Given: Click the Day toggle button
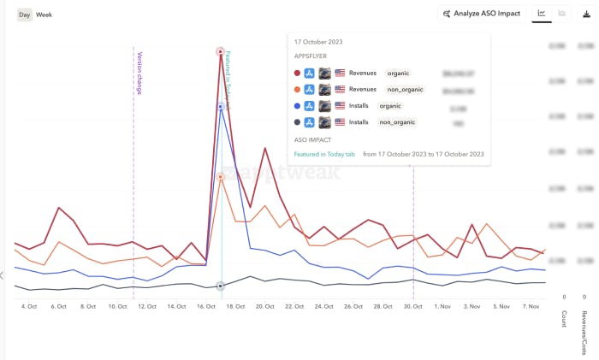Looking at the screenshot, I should (x=24, y=15).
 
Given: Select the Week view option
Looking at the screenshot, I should (x=44, y=15).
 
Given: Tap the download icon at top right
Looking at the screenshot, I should (x=587, y=14).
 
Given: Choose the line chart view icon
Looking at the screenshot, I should (x=541, y=14).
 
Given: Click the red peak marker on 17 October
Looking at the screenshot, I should (x=221, y=52).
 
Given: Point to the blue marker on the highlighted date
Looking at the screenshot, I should (x=221, y=107).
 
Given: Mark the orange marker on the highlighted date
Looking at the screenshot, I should (x=221, y=177).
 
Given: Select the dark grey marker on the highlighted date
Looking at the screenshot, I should (x=221, y=286).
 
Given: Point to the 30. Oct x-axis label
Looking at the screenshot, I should (x=413, y=305).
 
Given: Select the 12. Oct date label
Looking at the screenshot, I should (x=147, y=305).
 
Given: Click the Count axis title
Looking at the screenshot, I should (x=563, y=319).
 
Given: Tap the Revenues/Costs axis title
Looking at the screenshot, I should (x=584, y=332).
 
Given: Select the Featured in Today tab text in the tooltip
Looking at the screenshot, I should (x=324, y=154).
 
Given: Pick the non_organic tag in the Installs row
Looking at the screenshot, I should (x=397, y=122).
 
